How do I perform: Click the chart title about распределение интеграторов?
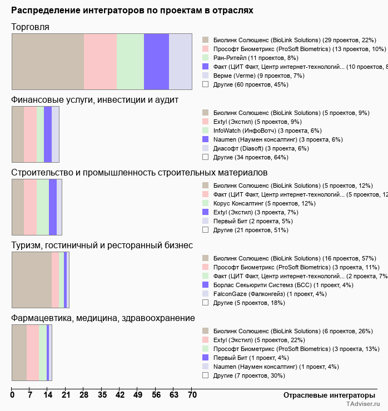point(132,11)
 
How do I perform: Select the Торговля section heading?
point(31,27)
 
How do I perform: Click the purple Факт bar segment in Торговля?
point(156,61)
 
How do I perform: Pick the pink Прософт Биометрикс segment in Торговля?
point(100,61)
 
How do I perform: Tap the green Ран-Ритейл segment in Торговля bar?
point(130,61)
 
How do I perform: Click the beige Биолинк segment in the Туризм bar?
point(32,279)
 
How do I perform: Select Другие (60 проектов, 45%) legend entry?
point(250,84)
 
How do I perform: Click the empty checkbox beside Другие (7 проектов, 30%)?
point(205,375)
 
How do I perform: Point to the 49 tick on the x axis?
point(138,395)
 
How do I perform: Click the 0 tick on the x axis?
point(12,395)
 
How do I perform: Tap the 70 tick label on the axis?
point(192,395)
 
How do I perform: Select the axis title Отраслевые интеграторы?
point(326,395)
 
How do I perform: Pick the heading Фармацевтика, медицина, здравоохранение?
point(103,318)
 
